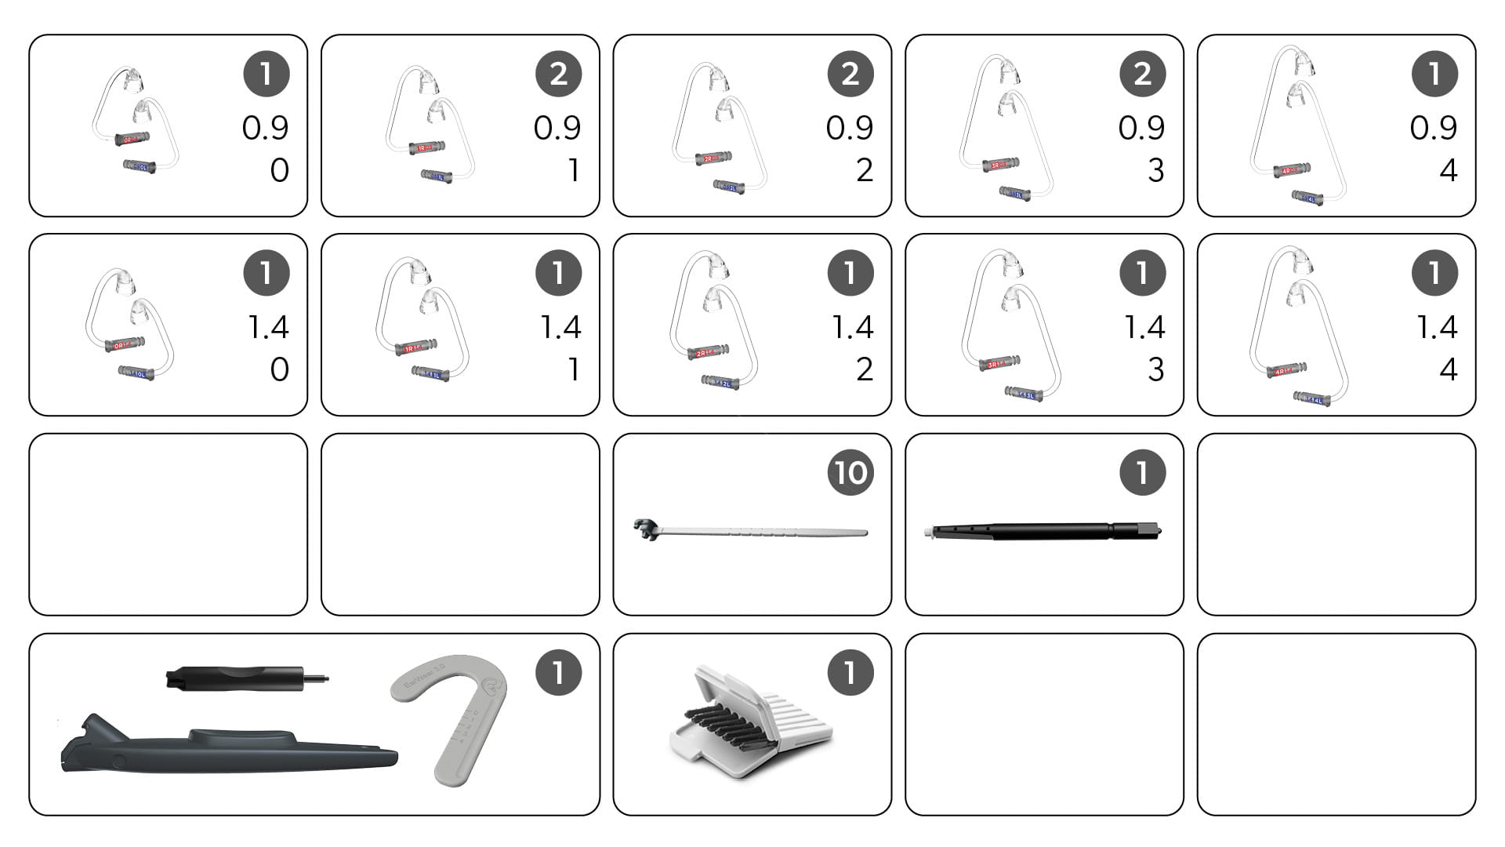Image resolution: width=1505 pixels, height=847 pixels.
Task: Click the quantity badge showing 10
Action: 850,472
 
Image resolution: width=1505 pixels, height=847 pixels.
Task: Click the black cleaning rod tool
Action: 1043,531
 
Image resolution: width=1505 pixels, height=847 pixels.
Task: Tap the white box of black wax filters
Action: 749,722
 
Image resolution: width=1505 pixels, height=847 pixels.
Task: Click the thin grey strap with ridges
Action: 752,532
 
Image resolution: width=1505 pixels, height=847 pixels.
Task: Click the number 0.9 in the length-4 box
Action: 1433,128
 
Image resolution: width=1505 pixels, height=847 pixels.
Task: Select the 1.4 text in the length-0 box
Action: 268,327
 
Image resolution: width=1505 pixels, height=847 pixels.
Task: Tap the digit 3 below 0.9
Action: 1155,170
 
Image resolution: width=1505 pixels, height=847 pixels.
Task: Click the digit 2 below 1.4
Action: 864,369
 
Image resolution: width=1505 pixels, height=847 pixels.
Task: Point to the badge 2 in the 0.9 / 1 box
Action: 558,74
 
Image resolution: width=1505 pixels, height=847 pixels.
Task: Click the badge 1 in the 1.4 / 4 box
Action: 1434,273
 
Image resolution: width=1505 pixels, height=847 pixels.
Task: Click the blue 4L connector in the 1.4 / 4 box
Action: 1312,399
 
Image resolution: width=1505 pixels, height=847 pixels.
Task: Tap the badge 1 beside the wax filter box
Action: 850,672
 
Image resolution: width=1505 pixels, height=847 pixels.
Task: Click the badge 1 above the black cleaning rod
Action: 1142,472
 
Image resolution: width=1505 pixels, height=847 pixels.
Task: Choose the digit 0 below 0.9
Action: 279,170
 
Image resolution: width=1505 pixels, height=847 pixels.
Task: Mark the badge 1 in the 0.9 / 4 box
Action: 1434,74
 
